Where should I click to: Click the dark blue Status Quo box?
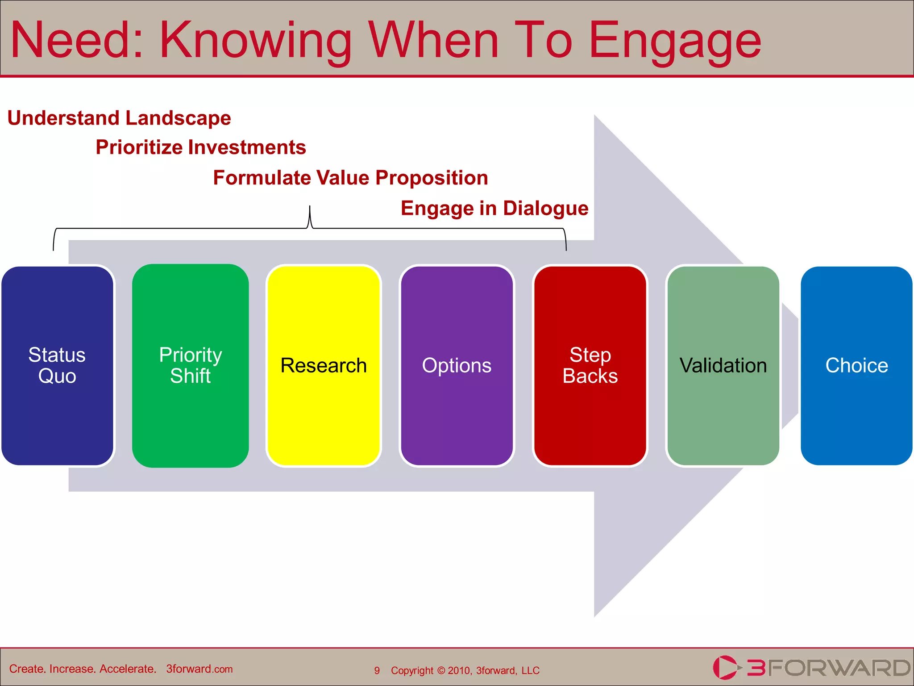click(57, 365)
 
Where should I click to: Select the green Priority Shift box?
click(191, 365)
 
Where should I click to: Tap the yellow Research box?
click(324, 365)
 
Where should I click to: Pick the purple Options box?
click(457, 365)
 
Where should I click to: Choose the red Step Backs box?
click(590, 365)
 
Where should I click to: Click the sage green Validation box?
click(723, 365)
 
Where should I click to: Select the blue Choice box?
click(856, 365)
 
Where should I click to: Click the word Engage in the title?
click(675, 41)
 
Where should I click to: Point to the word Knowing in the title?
click(255, 41)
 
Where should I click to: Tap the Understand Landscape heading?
click(119, 118)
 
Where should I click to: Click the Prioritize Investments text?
click(201, 147)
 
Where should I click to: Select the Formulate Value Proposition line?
click(350, 178)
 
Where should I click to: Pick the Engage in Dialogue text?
click(494, 208)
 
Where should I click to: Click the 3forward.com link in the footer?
click(199, 669)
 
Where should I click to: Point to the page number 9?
click(377, 670)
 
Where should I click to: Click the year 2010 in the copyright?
click(459, 670)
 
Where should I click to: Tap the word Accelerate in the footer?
click(127, 669)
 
